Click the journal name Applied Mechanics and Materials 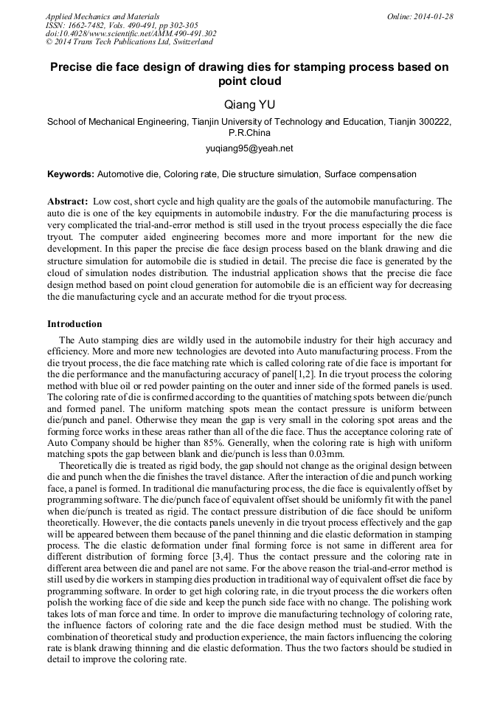103,16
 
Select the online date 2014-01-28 434,16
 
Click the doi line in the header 131,34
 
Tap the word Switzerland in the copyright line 189,43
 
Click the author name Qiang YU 249,105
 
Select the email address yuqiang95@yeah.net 249,148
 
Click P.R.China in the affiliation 249,133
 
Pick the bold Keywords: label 71,174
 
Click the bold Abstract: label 68,201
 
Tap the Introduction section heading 74,323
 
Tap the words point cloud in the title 249,81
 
